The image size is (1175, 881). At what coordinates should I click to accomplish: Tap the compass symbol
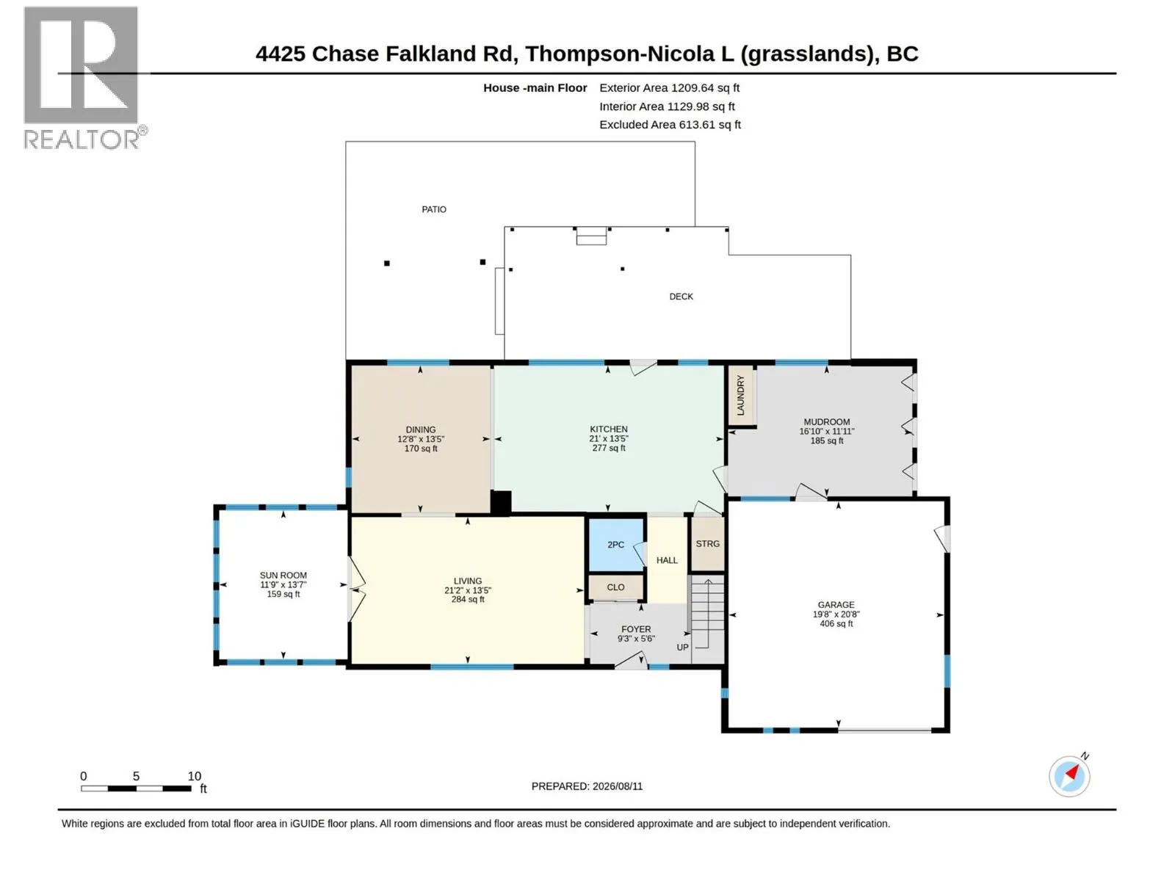(x=1069, y=776)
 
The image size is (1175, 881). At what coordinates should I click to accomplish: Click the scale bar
(x=136, y=788)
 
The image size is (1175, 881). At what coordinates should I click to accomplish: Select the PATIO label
(x=433, y=209)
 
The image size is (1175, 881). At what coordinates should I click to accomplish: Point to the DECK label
(x=681, y=297)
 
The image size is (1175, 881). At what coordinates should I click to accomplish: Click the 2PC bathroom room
(x=615, y=545)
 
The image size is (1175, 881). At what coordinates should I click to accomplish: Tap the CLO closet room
(x=615, y=587)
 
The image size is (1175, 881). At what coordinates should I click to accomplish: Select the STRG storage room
(x=707, y=544)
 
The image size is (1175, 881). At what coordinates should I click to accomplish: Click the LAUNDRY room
(x=741, y=396)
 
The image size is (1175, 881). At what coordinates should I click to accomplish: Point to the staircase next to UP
(x=708, y=620)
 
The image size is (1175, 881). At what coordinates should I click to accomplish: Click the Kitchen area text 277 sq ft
(x=609, y=449)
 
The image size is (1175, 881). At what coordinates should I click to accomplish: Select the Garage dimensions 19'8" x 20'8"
(x=836, y=614)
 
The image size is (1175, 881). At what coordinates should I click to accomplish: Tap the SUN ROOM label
(x=283, y=576)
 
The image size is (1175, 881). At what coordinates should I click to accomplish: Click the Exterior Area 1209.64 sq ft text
(x=669, y=87)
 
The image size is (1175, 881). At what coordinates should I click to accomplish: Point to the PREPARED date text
(x=587, y=786)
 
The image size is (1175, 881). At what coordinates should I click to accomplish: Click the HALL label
(x=667, y=560)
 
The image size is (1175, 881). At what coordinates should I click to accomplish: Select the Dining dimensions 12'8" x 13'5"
(x=421, y=439)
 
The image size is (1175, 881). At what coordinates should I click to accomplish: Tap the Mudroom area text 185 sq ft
(x=826, y=440)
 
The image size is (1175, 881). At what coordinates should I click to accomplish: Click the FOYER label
(x=636, y=629)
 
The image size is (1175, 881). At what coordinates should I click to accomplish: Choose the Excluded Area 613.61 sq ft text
(x=670, y=125)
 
